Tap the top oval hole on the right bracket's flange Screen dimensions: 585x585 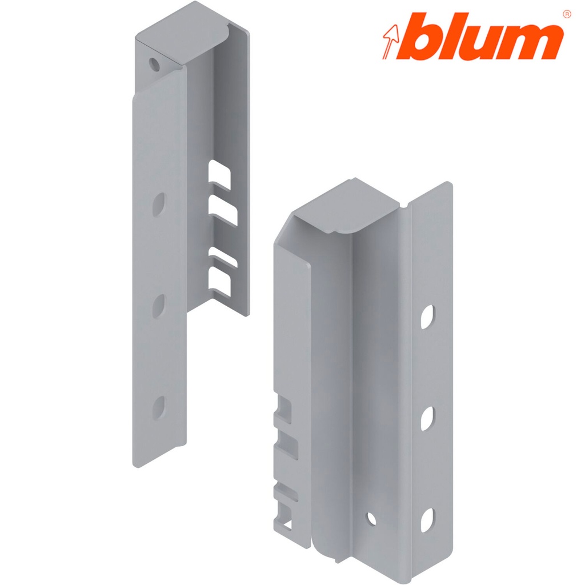427,317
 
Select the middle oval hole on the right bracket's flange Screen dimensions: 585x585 427,419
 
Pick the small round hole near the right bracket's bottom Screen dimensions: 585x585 371,518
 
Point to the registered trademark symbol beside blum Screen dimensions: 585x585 566,13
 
